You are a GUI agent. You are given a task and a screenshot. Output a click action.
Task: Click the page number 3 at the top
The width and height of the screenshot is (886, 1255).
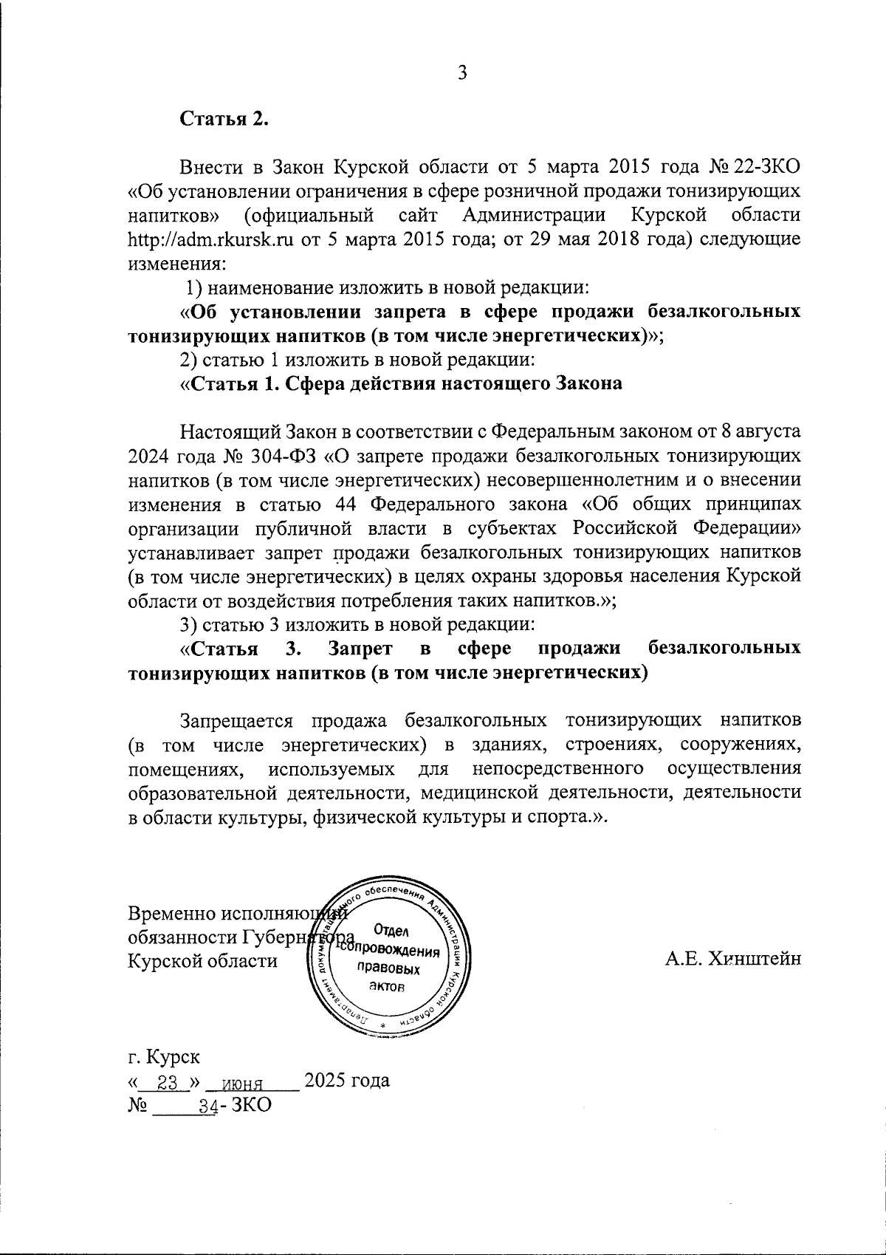[462, 72]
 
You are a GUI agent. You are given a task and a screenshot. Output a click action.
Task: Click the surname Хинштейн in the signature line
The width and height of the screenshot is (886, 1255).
[755, 960]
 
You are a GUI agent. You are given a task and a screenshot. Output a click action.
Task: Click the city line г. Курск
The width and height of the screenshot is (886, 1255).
[163, 1057]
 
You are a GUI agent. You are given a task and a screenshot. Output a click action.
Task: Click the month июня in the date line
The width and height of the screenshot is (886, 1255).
[243, 1083]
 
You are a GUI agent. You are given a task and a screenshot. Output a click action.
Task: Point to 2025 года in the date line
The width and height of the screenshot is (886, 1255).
[347, 1081]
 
